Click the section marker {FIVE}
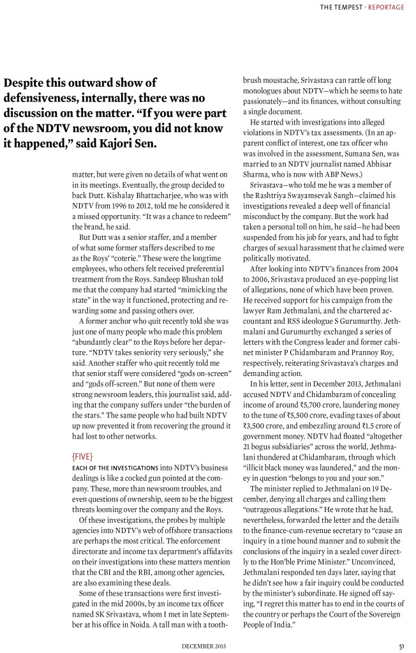86,440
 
